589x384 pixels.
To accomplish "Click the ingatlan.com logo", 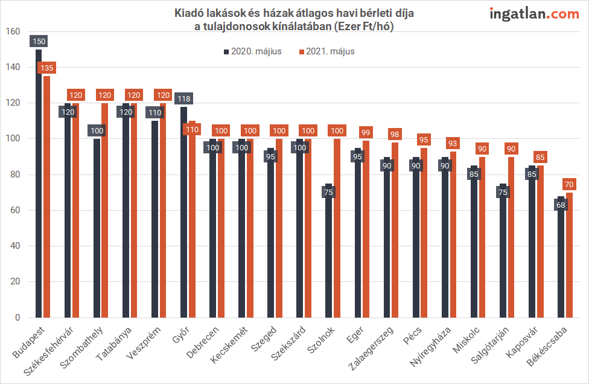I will [534, 14].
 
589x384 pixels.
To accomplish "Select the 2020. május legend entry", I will [256, 51].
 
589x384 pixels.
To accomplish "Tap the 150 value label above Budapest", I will [39, 41].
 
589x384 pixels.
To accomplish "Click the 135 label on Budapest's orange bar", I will [47, 68].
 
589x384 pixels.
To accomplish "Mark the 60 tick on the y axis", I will [14, 210].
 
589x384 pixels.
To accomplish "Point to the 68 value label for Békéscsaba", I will [560, 204].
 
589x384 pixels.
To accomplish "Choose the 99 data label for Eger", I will [366, 132].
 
